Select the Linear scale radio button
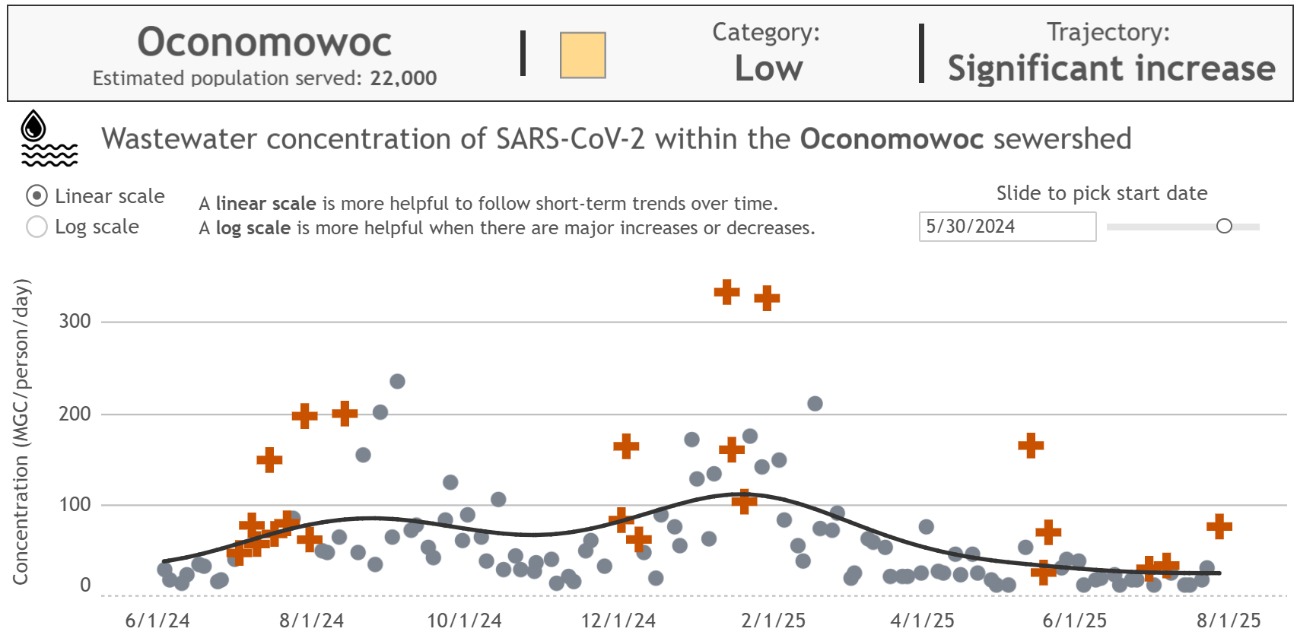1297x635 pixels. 37,196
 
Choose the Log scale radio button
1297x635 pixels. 37,227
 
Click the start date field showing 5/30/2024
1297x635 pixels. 1006,227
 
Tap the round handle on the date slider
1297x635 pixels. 1224,226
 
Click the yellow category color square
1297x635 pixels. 583,56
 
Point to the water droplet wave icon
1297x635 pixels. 49,138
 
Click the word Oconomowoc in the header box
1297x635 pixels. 264,42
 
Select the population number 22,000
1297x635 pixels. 403,78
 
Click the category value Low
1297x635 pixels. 768,68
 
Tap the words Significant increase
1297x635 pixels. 1111,68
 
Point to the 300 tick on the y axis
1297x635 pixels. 75,321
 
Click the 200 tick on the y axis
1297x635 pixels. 75,414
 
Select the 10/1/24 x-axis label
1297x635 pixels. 464,621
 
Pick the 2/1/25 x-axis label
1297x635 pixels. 773,621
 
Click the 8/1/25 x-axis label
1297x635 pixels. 1229,621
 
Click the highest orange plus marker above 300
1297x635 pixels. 727,291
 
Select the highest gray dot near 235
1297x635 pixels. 397,381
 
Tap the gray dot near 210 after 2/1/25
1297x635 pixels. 815,403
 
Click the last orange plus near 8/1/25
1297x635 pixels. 1219,526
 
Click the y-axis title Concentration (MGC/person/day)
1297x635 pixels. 21,432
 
